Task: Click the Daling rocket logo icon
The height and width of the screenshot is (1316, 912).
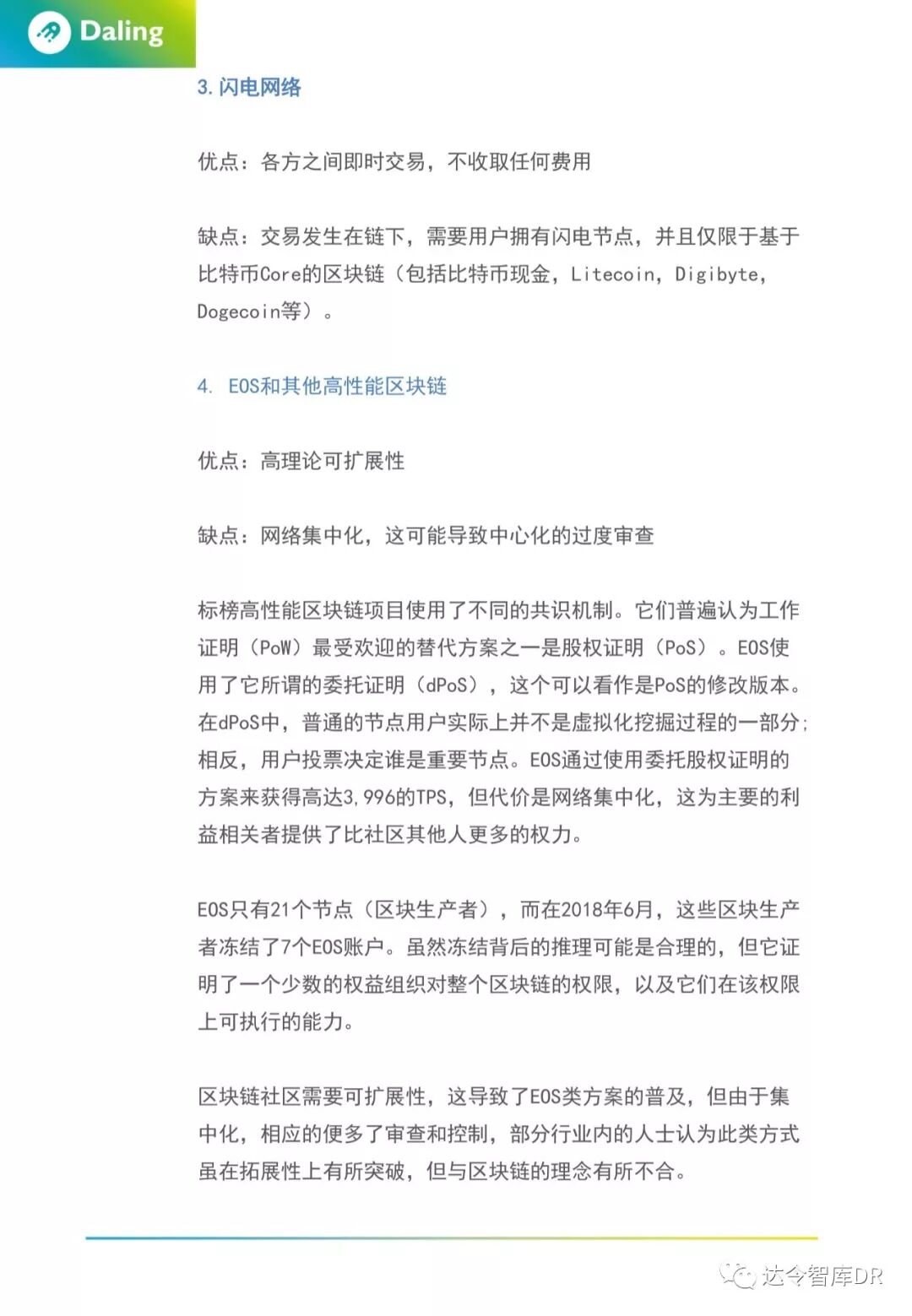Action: (48, 33)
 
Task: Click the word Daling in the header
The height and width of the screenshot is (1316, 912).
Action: (122, 32)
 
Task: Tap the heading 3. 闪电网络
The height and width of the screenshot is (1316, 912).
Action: (249, 87)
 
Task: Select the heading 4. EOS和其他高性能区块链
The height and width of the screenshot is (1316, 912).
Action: (322, 386)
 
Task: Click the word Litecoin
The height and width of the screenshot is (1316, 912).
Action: (614, 274)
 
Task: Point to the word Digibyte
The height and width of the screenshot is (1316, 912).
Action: (718, 274)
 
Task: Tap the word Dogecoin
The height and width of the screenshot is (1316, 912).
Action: (239, 311)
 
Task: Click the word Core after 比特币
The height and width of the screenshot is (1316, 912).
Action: (280, 274)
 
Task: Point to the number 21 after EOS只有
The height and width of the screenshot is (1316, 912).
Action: (280, 909)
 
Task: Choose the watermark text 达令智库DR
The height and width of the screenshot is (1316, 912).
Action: (822, 1275)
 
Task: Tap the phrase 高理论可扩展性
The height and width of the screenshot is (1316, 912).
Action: (333, 461)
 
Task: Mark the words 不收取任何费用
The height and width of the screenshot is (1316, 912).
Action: (518, 161)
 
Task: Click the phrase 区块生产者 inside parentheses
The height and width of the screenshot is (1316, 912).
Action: (431, 909)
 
